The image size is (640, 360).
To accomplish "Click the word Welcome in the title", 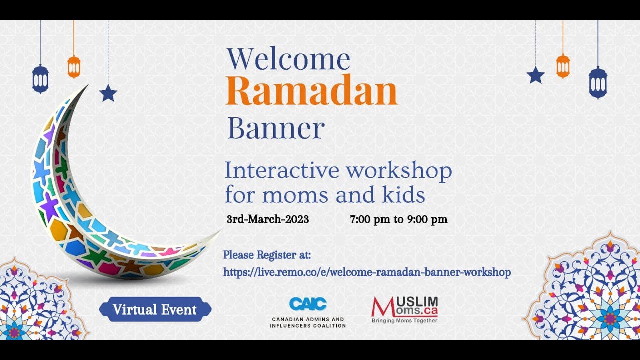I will (x=288, y=59).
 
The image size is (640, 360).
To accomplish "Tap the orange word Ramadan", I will (x=311, y=92).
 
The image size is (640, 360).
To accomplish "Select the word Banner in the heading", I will (x=276, y=129).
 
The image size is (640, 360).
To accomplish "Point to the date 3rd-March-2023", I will (x=267, y=219).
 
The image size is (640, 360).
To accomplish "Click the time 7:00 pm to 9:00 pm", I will (x=398, y=219).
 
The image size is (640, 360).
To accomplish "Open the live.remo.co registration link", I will (x=367, y=272).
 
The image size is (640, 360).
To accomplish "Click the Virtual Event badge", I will (x=155, y=309).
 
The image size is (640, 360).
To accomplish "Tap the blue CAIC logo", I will (x=308, y=304).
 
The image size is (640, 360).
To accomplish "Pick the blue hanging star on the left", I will (x=108, y=93).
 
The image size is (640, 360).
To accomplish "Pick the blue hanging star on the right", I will (x=535, y=75).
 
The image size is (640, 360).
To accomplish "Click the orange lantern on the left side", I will (x=74, y=67).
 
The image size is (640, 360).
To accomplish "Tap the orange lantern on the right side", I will (x=563, y=66).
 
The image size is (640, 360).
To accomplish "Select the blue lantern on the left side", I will (x=40, y=79).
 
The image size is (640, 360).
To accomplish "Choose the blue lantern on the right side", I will (x=598, y=82).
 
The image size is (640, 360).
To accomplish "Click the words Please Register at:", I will (x=267, y=255).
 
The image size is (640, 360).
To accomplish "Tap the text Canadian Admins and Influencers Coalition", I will (x=308, y=322).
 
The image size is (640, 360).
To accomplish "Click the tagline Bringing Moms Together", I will (x=404, y=321).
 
